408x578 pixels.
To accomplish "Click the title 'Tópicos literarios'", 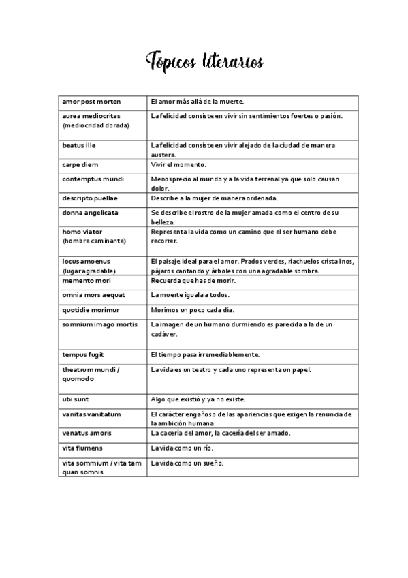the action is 204,62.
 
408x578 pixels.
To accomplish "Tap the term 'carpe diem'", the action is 80,164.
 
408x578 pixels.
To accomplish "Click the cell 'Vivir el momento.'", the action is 178,164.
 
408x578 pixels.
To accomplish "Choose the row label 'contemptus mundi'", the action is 89,179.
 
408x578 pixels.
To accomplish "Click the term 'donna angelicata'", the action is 90,213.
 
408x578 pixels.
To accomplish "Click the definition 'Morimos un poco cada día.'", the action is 193,310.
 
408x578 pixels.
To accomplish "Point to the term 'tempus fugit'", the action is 83,354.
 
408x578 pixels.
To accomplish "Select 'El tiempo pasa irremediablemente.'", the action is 205,354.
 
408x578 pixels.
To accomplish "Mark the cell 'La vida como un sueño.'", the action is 187,463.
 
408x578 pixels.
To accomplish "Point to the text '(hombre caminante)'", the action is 93,241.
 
